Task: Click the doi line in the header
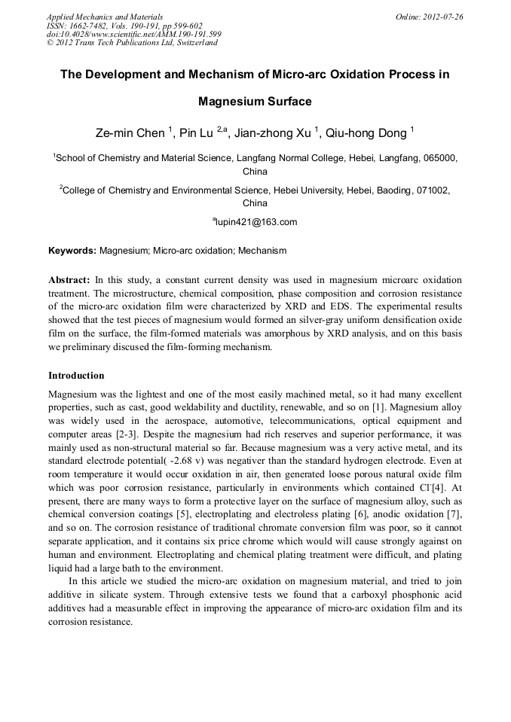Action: click(x=133, y=34)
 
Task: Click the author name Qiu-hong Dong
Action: click(x=370, y=134)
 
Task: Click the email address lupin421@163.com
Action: click(x=257, y=222)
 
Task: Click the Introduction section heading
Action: click(x=76, y=375)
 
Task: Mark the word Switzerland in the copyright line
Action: click(x=192, y=43)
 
